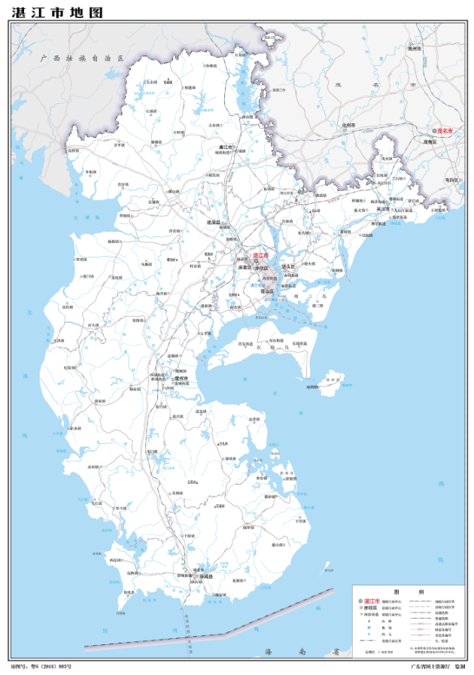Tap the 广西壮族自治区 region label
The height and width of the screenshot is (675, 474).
84,57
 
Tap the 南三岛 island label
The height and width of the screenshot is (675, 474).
308,298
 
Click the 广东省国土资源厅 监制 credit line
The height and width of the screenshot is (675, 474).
437,667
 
